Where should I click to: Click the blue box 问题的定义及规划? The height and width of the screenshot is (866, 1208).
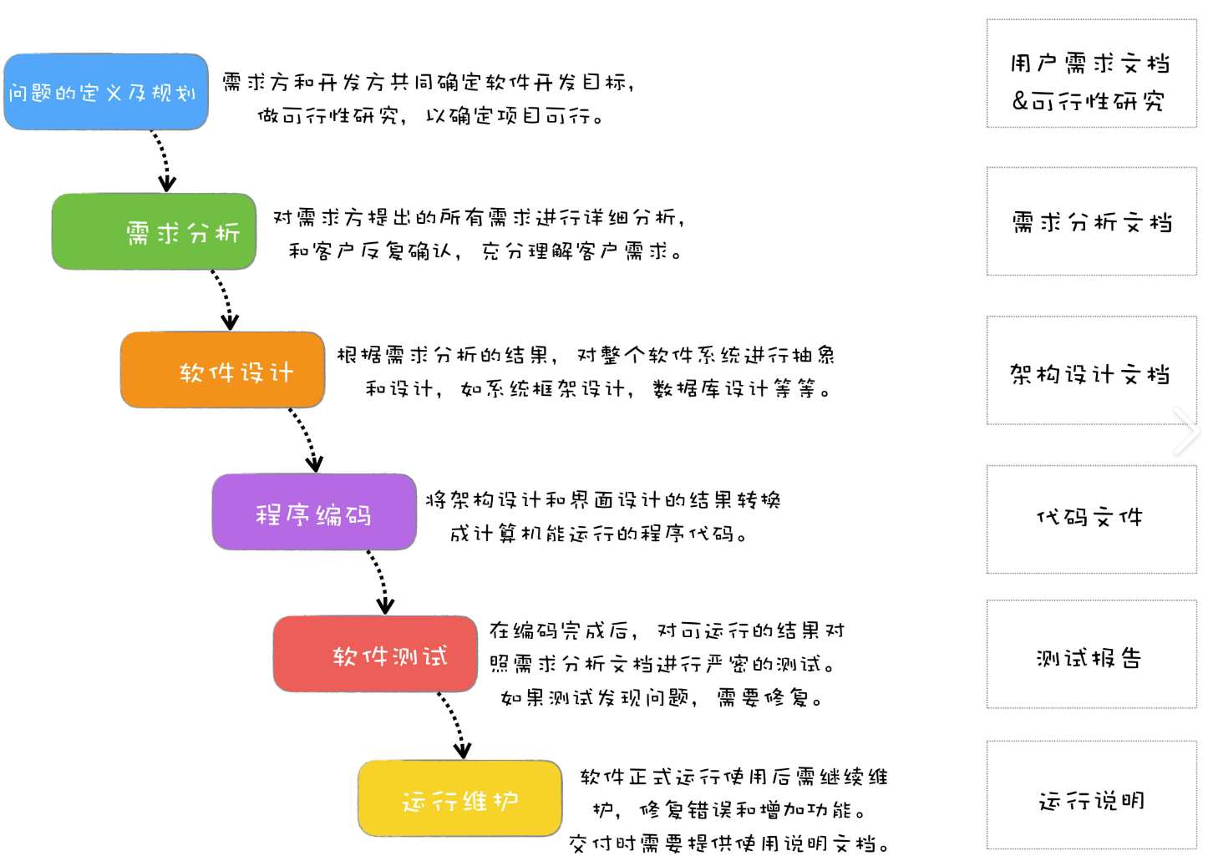click(106, 92)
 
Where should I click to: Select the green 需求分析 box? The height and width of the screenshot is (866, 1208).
click(154, 231)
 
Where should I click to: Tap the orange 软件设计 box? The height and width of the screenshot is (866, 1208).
click(222, 370)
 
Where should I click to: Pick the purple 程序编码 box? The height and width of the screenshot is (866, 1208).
click(314, 512)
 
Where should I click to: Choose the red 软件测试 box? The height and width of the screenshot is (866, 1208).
click(375, 654)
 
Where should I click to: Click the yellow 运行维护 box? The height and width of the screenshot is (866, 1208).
click(460, 798)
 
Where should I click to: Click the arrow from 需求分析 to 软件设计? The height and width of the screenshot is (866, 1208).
click(223, 299)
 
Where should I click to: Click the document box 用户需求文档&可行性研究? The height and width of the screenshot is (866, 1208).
click(1091, 73)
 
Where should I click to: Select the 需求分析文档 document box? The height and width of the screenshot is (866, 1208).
click(1091, 221)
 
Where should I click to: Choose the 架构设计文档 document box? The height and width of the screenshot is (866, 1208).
click(1091, 371)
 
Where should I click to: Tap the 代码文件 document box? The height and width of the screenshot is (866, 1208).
click(1091, 519)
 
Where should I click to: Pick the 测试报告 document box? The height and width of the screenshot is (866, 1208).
click(1091, 655)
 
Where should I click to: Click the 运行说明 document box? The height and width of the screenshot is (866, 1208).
click(1091, 795)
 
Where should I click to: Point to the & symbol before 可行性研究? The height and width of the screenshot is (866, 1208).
click(1020, 101)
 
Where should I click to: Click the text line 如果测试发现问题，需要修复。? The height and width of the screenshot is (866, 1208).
click(662, 697)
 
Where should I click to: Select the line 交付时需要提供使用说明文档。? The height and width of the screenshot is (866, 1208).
click(728, 843)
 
